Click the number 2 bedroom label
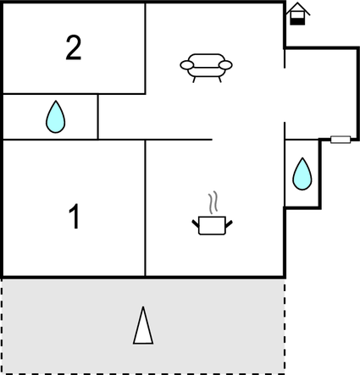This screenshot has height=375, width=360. (x=74, y=48)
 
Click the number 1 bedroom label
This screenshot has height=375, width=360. (x=75, y=217)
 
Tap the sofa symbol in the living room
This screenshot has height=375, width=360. (x=206, y=68)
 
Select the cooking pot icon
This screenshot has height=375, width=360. (x=212, y=225)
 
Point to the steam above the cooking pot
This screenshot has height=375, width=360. (x=213, y=202)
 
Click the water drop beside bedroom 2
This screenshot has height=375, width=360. (x=56, y=117)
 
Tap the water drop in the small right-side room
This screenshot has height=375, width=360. (x=302, y=174)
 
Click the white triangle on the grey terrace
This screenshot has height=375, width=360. (x=143, y=326)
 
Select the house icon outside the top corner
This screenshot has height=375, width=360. (x=297, y=14)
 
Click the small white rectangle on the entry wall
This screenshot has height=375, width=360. (x=341, y=140)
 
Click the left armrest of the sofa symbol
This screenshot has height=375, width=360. (x=187, y=65)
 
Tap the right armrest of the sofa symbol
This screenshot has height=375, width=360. (x=225, y=65)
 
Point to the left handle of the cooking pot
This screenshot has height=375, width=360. (x=196, y=223)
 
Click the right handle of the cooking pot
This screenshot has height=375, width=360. (x=229, y=223)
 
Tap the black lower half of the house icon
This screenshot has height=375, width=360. (x=297, y=21)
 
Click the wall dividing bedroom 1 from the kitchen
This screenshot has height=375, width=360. (x=145, y=208)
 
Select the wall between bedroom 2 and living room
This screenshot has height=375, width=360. (x=146, y=48)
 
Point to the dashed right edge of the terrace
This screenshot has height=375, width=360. (x=285, y=325)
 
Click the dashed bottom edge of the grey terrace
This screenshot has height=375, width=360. (x=143, y=373)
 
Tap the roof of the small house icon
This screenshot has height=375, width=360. (x=297, y=8)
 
